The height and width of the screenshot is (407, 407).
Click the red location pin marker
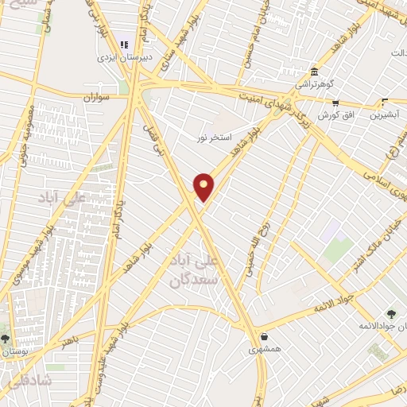[204, 187]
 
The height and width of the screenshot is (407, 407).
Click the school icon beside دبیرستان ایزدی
[123, 45]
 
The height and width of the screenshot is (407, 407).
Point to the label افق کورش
[335, 114]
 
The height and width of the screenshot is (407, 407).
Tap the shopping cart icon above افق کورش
[335, 103]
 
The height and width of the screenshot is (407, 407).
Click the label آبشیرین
[385, 114]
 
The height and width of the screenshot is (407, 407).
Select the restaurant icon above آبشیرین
[385, 103]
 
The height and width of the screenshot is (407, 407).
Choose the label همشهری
[263, 348]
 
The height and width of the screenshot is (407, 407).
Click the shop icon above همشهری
[263, 336]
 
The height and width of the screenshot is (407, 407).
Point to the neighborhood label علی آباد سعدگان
[193, 271]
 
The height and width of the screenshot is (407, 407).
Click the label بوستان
[14, 350]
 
